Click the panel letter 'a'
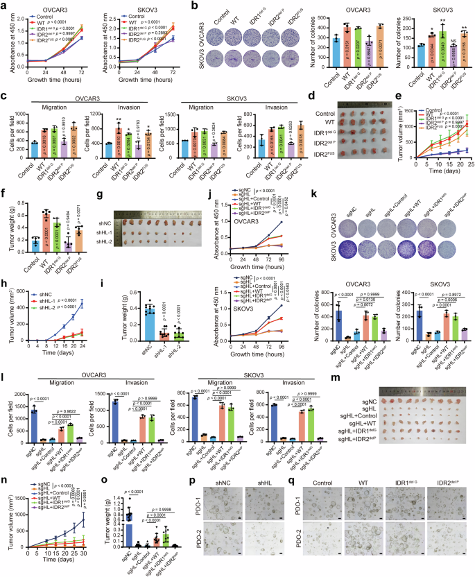click(x=4, y=6)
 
